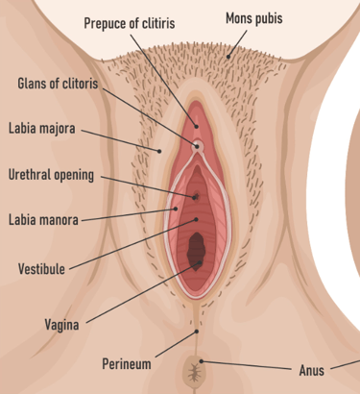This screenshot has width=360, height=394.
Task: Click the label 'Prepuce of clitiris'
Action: [131, 22]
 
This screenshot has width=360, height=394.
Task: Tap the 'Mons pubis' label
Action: [254, 18]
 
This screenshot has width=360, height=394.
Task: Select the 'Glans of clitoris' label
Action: [58, 83]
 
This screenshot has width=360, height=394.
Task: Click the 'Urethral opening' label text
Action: [51, 175]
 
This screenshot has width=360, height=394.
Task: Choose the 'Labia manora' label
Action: [43, 220]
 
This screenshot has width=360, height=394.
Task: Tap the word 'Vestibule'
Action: [41, 269]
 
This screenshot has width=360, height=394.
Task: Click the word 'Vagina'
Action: [61, 324]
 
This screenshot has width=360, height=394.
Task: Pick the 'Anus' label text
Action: [312, 368]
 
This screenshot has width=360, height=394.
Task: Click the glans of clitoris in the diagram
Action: [198, 146]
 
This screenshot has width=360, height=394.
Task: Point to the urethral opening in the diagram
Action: [196, 197]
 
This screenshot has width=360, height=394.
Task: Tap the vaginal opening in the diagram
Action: [197, 250]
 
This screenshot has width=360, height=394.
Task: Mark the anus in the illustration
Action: [196, 368]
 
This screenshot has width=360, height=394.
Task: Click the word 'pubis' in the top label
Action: [270, 18]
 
